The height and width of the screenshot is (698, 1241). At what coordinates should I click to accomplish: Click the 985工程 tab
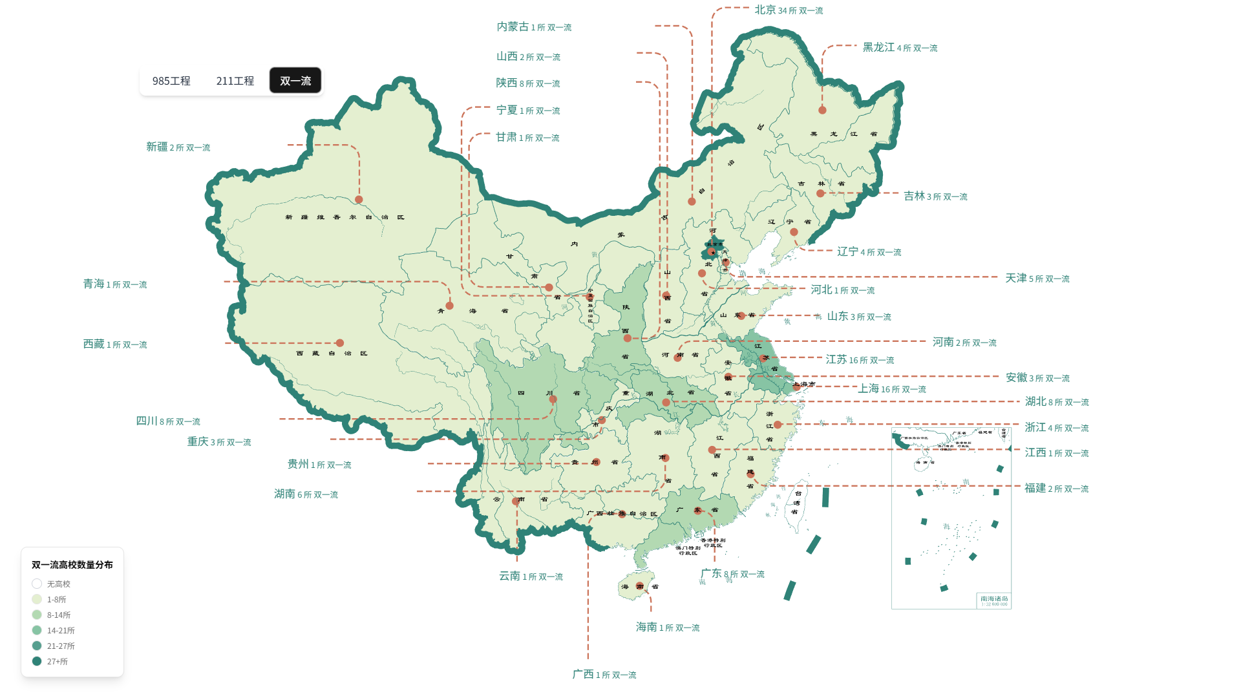click(171, 81)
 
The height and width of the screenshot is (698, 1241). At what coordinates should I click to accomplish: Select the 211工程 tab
click(235, 81)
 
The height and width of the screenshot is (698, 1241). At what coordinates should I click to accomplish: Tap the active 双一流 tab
click(295, 81)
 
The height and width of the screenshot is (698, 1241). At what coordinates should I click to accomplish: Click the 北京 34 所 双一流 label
click(789, 10)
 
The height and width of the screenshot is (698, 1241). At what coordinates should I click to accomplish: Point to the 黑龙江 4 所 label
click(900, 48)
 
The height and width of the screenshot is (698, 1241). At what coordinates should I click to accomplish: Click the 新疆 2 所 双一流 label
click(178, 147)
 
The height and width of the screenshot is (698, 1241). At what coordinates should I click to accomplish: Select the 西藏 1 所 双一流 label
click(115, 344)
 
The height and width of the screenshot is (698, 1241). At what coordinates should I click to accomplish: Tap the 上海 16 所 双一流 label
click(892, 389)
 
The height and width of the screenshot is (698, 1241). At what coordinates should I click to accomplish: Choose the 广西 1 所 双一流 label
click(604, 675)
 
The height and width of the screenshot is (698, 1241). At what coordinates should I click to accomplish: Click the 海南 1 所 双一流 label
click(668, 628)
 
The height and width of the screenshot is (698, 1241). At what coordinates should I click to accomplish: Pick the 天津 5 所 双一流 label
click(1037, 279)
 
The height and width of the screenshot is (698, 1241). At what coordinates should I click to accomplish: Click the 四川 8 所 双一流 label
click(168, 421)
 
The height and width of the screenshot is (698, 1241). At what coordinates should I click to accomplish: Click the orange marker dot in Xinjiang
click(359, 200)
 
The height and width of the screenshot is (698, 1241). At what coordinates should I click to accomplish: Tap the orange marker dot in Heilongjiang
click(822, 111)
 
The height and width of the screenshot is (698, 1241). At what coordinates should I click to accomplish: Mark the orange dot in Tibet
click(340, 343)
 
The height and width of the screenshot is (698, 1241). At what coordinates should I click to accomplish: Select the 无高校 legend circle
click(37, 584)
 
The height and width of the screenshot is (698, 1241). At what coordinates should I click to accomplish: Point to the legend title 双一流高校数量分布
click(72, 565)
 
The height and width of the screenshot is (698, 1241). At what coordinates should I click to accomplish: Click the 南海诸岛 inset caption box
click(993, 600)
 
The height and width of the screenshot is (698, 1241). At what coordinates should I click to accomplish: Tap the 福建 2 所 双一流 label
click(1056, 489)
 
